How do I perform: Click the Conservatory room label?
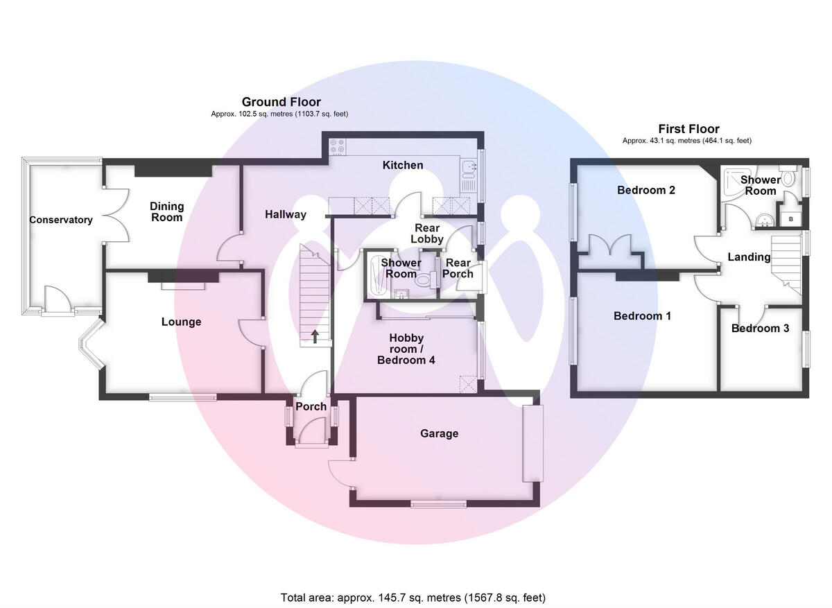[x=61, y=220]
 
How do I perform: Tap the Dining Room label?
[x=167, y=211]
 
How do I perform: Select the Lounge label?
[x=181, y=322]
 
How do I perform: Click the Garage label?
[x=440, y=433]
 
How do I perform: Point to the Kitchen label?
[x=403, y=165]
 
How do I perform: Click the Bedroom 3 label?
[x=761, y=329]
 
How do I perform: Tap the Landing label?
[x=749, y=257]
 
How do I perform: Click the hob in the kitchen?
[x=338, y=146]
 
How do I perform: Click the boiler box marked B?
[x=791, y=219]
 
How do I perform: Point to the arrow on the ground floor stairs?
[x=315, y=336]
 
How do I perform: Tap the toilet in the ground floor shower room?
[x=426, y=279]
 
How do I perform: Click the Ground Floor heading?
[x=281, y=102]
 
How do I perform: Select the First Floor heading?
[x=689, y=129]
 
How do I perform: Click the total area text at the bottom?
[x=413, y=598]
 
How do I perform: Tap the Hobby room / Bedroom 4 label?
[x=406, y=349]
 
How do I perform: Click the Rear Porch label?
[x=458, y=268]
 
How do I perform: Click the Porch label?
[x=311, y=407]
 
